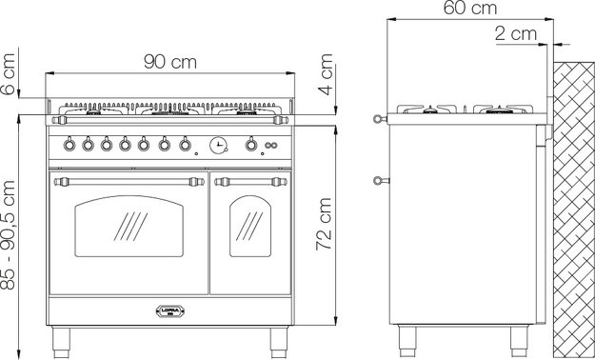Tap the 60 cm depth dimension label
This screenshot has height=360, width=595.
point(470,10)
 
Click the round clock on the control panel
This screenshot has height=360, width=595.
point(219,145)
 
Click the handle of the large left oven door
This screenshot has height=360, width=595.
point(127,180)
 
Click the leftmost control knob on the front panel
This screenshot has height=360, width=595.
point(68,145)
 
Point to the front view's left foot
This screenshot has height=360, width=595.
point(66,336)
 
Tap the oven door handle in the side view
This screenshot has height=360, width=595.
point(379,180)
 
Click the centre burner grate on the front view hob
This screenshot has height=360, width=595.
point(169,110)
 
